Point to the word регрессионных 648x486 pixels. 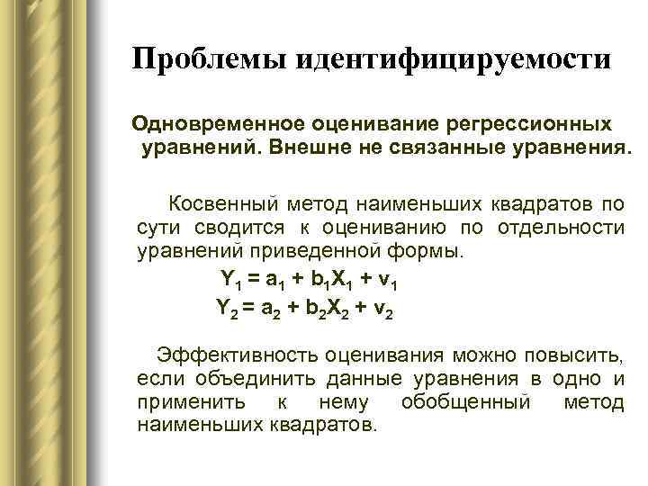click(526, 123)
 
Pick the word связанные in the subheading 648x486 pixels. click(434, 147)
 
